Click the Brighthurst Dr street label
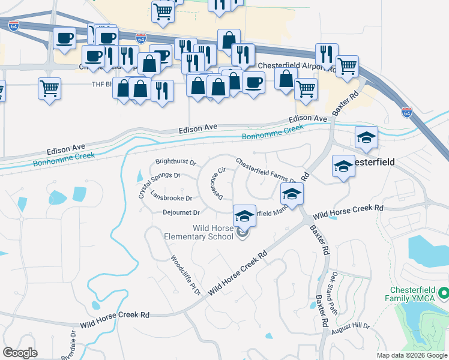(176, 162)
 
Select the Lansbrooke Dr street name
(172, 197)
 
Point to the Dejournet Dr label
(181, 212)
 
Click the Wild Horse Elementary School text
(199, 232)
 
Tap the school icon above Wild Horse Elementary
(245, 216)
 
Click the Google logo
(19, 353)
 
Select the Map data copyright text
(412, 355)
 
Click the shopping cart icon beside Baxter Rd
(347, 67)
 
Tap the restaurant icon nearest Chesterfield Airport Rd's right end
(326, 55)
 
